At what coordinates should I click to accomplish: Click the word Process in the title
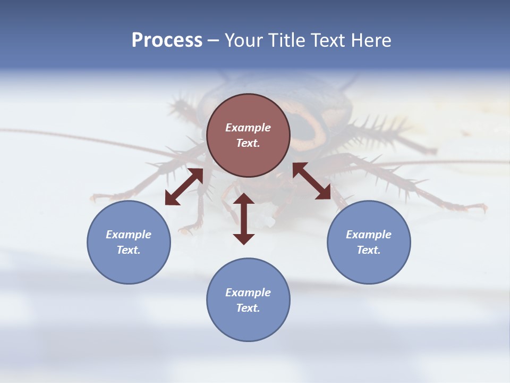(x=167, y=40)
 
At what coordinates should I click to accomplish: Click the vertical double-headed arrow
(x=244, y=219)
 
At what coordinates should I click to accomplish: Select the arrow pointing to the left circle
(x=184, y=187)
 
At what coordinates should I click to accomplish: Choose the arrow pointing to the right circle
(x=311, y=181)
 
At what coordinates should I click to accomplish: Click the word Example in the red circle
(x=248, y=128)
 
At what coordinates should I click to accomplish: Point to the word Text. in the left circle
(x=129, y=250)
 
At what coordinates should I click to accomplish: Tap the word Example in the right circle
(x=369, y=235)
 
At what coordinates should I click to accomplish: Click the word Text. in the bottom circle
(x=248, y=308)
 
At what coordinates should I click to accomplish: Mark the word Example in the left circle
(x=129, y=235)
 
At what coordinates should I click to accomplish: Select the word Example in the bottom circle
(x=248, y=293)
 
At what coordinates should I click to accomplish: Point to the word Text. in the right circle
(x=369, y=250)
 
